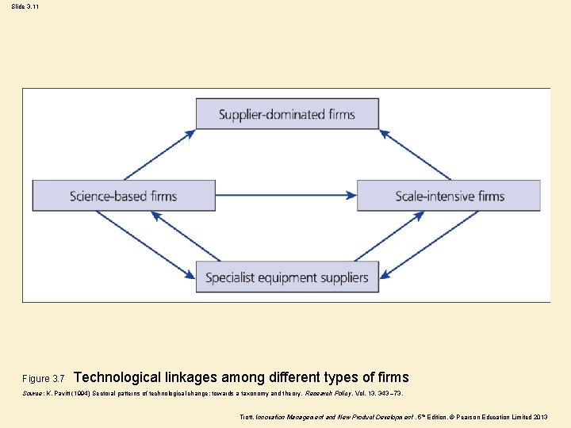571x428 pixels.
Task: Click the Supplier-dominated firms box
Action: [x=287, y=114]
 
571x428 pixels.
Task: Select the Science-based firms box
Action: [x=124, y=196]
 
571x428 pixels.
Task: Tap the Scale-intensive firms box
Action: [x=449, y=196]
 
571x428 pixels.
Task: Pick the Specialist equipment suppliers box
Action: [x=287, y=277]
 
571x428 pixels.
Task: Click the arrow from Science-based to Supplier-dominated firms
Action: [x=159, y=155]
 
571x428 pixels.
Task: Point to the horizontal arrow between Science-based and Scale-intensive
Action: [x=285, y=196]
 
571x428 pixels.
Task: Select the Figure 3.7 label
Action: [x=44, y=379]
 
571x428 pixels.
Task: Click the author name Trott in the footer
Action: [x=246, y=417]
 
